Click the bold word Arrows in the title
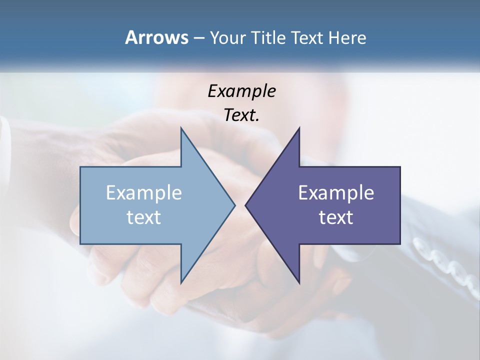pos(156,37)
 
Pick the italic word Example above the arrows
pos(241,91)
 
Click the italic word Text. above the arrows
pos(241,115)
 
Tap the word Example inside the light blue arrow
pos(144,193)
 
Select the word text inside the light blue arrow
pos(144,217)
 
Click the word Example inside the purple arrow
pos(336,193)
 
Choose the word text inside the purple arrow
pos(336,217)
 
